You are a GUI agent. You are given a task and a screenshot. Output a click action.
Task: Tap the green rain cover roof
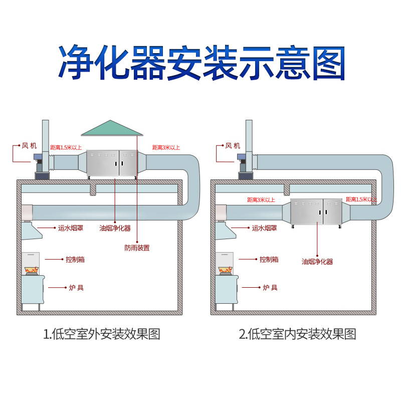pyautogui.click(x=112, y=128)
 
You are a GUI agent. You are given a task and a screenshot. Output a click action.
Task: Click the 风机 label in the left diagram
pyautogui.click(x=29, y=146)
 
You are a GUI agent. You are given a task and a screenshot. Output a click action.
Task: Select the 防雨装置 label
pyautogui.click(x=137, y=247)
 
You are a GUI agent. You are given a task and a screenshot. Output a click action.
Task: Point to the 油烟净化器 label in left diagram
pyautogui.click(x=115, y=228)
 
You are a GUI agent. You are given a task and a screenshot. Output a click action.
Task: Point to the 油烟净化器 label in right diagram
pyautogui.click(x=317, y=261)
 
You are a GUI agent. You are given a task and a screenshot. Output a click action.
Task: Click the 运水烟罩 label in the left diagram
pyautogui.click(x=71, y=228)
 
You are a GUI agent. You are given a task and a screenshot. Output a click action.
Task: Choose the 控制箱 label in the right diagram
pyautogui.click(x=269, y=259)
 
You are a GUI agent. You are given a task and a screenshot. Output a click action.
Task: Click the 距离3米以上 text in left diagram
pyautogui.click(x=166, y=147)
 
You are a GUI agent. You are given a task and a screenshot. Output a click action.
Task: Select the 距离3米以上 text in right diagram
pyautogui.click(x=261, y=200)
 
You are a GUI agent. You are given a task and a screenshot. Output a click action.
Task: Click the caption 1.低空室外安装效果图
pyautogui.click(x=102, y=334)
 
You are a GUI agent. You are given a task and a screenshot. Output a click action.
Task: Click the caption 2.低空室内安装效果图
pyautogui.click(x=297, y=334)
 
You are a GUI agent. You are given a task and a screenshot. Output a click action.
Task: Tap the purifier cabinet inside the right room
pyautogui.click(x=316, y=212)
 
